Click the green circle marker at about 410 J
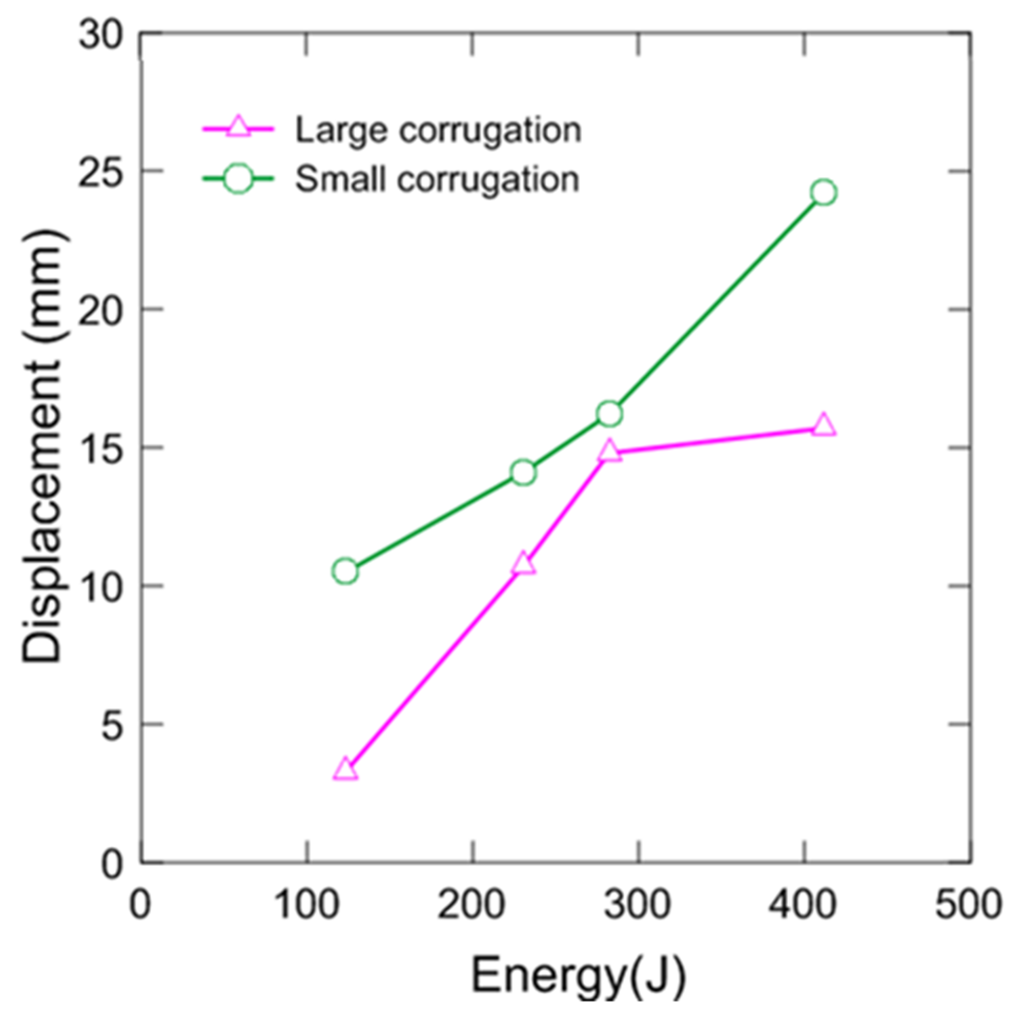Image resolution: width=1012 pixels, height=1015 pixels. [823, 193]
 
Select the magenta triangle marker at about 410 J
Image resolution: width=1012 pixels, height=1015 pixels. [823, 425]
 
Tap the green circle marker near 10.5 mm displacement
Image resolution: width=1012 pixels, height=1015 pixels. [345, 571]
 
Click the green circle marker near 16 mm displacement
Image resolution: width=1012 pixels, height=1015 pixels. [610, 414]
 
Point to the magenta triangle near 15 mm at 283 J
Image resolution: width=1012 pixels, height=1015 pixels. [610, 451]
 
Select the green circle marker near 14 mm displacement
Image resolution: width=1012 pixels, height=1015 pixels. [523, 473]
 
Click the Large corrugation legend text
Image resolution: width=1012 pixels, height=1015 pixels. [438, 130]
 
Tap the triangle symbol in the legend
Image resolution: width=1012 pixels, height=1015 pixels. [238, 127]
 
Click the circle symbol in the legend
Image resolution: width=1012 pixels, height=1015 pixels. [238, 179]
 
